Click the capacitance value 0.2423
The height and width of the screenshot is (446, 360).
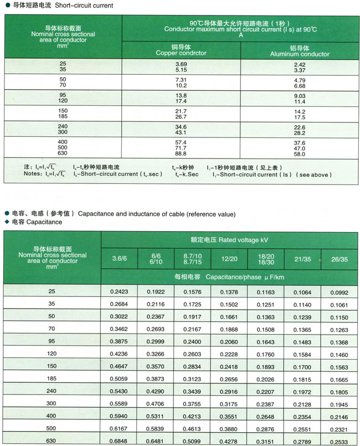[119, 291]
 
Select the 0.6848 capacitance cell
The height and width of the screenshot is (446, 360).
[119, 441]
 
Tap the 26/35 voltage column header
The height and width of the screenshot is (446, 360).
[339, 259]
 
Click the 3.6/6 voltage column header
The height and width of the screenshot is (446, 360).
[119, 259]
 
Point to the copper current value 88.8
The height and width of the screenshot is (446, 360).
[181, 153]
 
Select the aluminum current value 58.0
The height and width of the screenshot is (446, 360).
[300, 153]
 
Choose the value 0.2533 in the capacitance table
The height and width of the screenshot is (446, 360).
[339, 441]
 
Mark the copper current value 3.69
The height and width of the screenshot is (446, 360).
[181, 65]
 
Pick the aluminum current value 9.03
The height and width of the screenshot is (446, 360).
[300, 95]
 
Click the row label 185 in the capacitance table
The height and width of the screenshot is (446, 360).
[52, 378]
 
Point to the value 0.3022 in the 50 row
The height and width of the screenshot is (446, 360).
[119, 316]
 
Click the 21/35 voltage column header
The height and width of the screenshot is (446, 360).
[302, 259]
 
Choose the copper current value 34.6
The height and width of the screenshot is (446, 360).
[181, 127]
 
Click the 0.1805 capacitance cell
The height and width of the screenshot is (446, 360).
[339, 391]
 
